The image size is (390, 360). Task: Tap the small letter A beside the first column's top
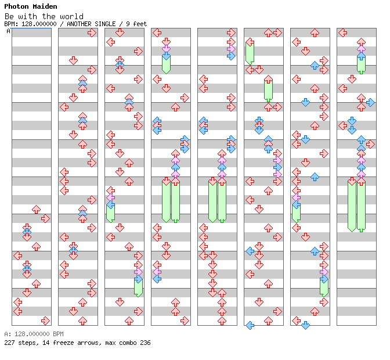coord(8,31)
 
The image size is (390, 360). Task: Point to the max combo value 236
coord(145,343)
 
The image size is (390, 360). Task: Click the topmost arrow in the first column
coord(36,209)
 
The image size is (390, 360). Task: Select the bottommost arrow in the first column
coord(45,321)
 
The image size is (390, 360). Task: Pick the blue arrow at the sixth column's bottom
coord(250,325)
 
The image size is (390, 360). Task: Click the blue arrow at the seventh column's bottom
coord(305,325)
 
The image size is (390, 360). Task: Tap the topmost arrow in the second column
coord(92,33)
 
